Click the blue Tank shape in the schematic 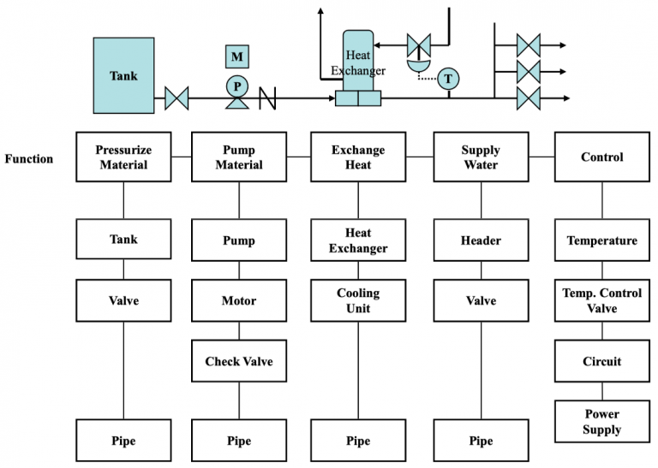click(123, 75)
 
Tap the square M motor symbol click(236, 56)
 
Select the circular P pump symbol click(236, 86)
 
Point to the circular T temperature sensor click(447, 80)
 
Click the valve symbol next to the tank click(176, 98)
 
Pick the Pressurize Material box click(123, 157)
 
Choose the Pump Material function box click(239, 157)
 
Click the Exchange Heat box click(358, 157)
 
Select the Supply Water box click(481, 157)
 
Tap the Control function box click(601, 157)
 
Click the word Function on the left click(28, 159)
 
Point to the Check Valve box click(239, 362)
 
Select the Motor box click(239, 301)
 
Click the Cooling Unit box click(358, 300)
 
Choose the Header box click(481, 240)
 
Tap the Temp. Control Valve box click(601, 300)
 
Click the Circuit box click(601, 362)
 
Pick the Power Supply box click(601, 422)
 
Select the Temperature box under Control click(601, 240)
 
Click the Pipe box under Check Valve click(239, 441)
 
